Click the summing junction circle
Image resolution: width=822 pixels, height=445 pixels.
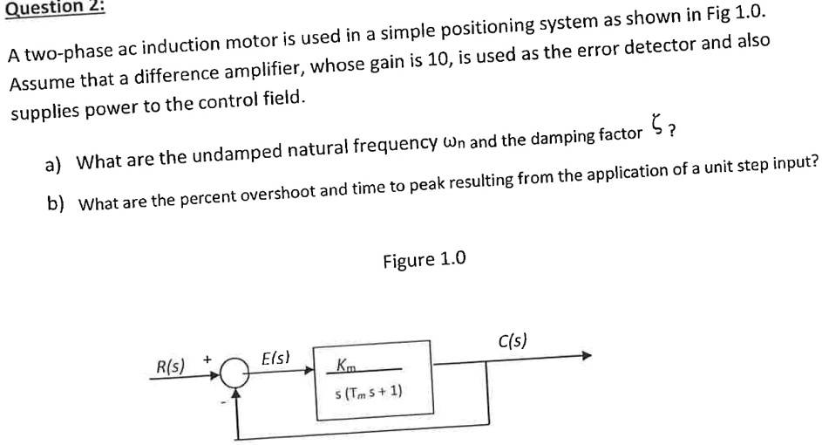coord(233,374)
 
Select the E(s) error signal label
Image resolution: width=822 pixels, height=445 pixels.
coord(276,358)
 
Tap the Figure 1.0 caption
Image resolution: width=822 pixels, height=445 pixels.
coord(425,259)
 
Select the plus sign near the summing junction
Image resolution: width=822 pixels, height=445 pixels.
coord(207,359)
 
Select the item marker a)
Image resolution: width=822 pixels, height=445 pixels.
coord(53,163)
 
